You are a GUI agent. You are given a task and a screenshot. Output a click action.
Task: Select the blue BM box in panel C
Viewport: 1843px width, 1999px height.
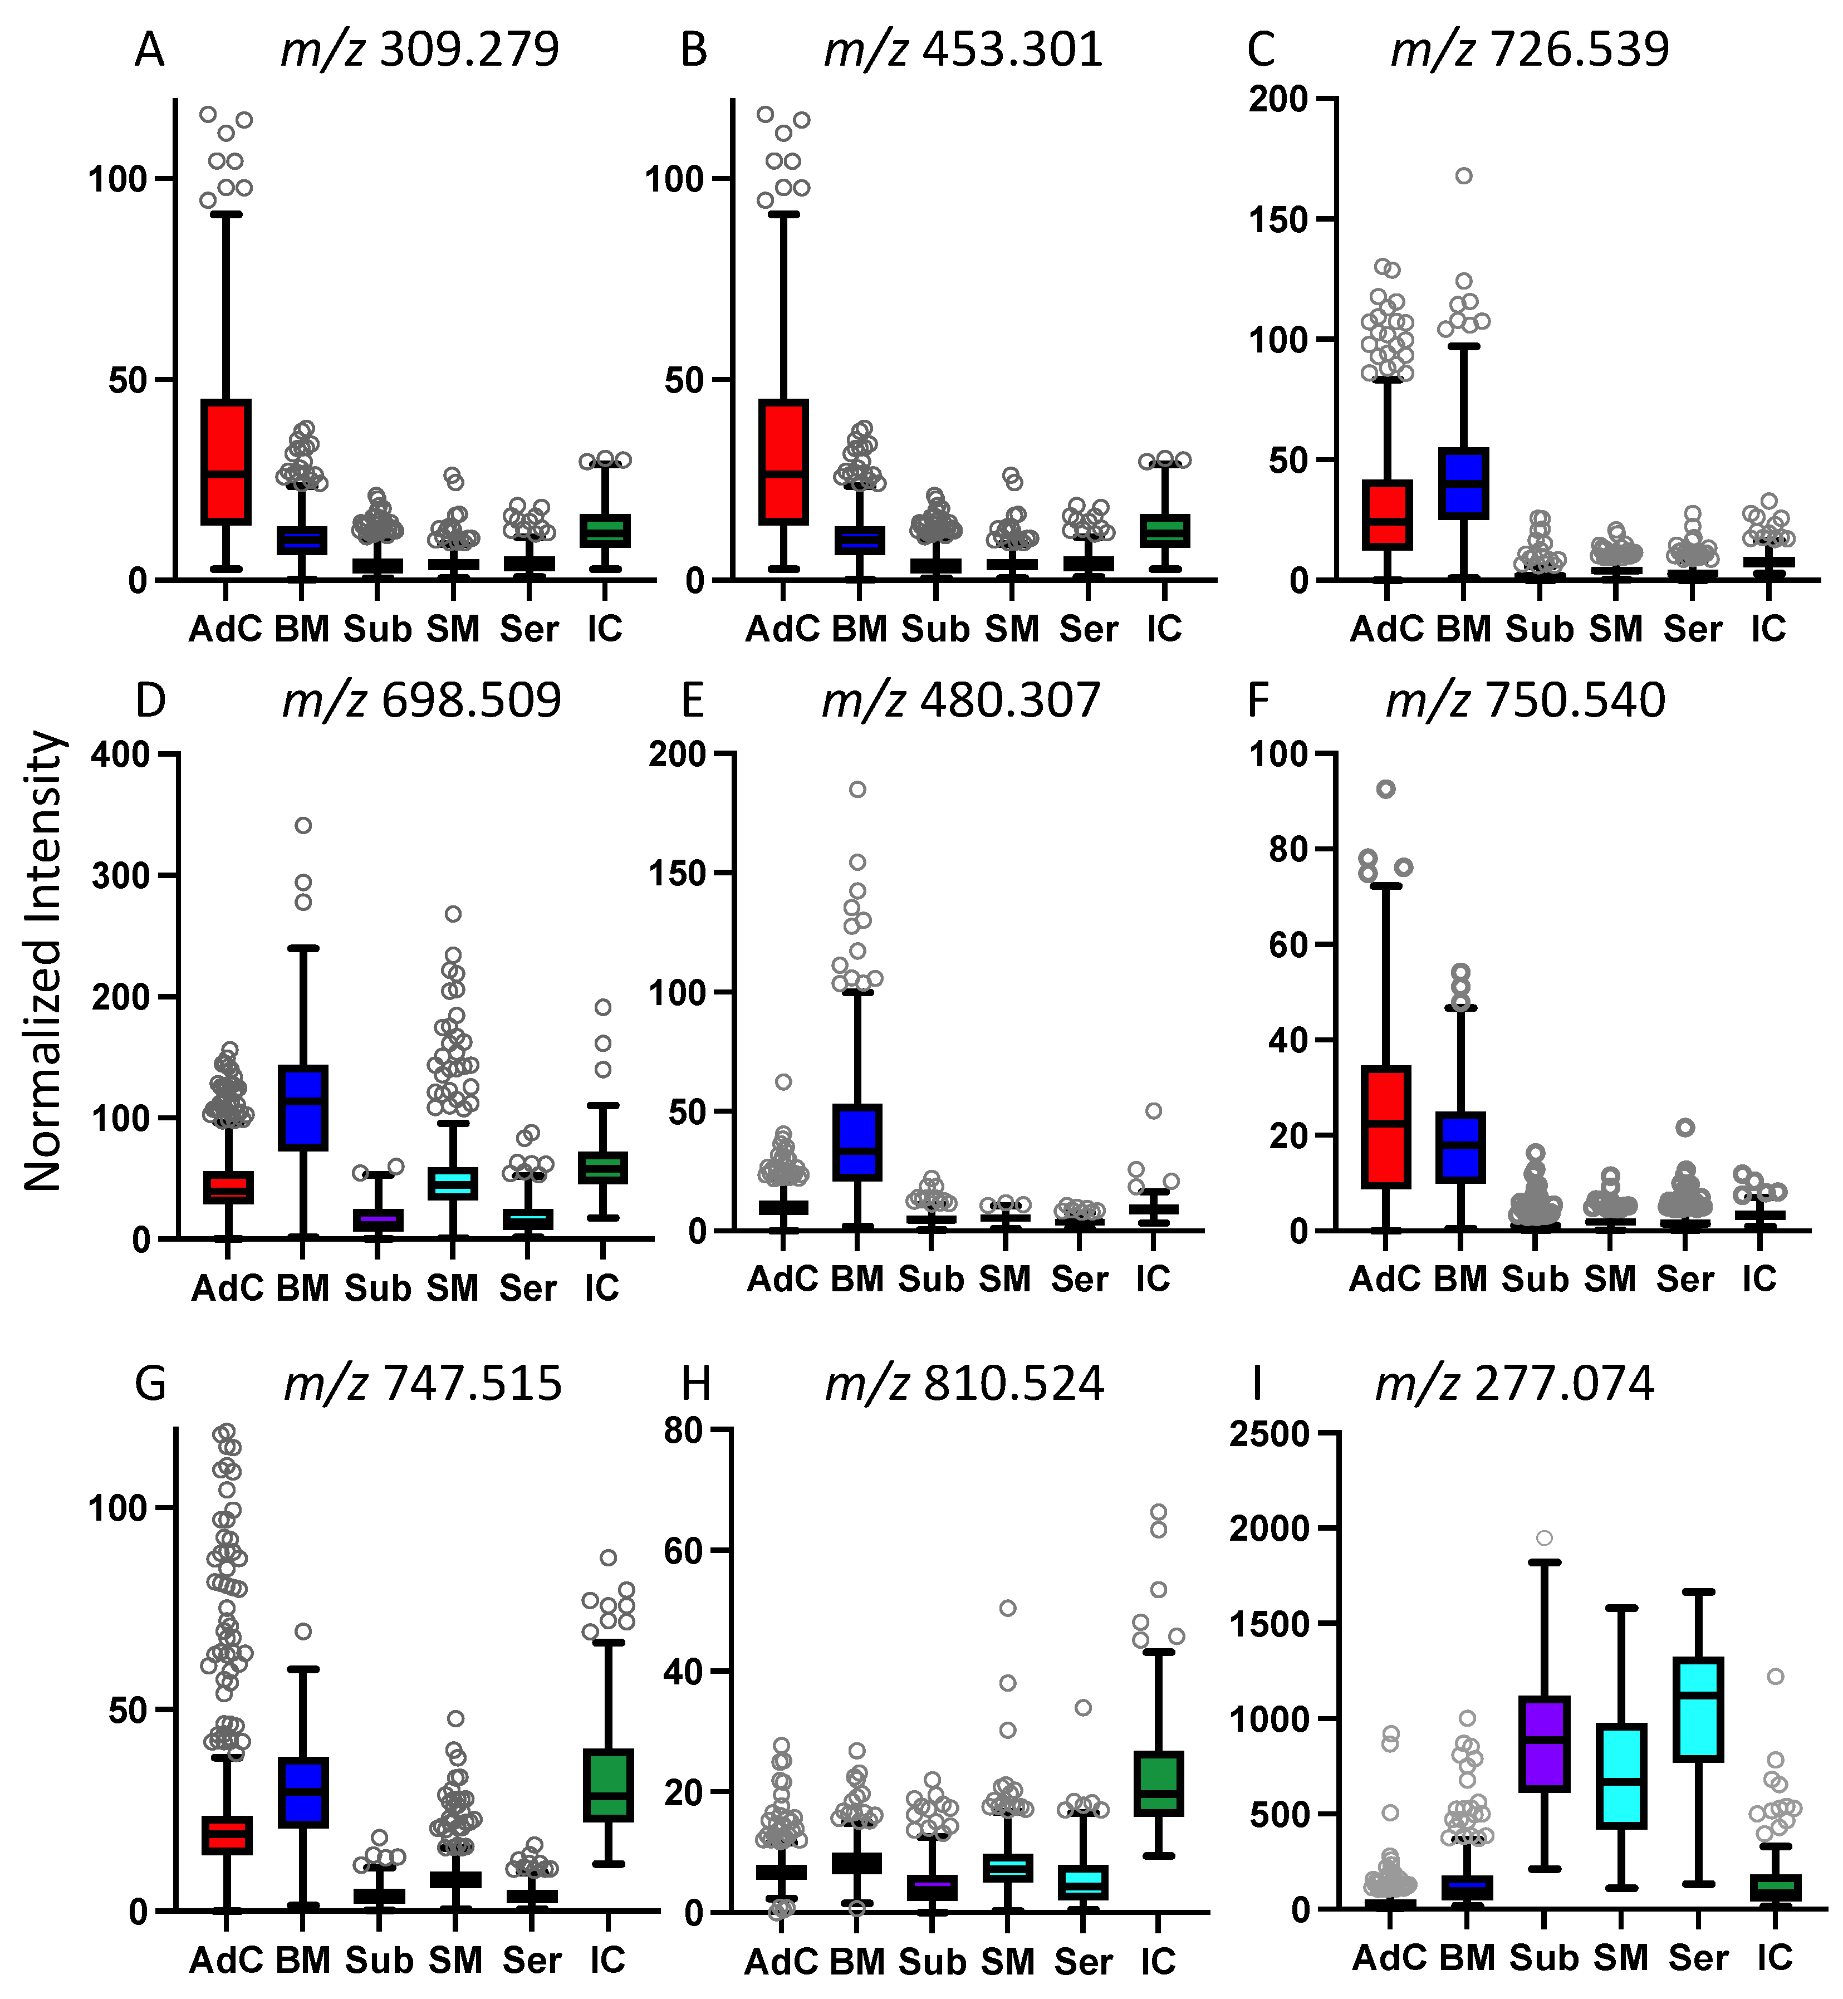coord(1463,483)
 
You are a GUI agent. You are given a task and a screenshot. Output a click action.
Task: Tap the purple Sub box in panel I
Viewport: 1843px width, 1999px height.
coord(1544,1743)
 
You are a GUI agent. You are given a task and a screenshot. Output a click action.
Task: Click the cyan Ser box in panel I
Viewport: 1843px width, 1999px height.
coord(1697,1709)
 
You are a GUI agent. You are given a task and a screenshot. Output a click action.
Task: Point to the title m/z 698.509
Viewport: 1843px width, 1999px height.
coord(422,700)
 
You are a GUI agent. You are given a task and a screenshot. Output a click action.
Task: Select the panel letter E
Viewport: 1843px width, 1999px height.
coord(692,700)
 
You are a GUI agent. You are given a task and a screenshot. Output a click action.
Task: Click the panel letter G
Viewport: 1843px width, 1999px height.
coord(150,1384)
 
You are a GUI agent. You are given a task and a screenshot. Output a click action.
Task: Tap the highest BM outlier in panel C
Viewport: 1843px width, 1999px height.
coord(1463,175)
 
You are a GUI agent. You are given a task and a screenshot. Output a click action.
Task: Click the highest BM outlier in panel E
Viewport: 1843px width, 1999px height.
coord(857,789)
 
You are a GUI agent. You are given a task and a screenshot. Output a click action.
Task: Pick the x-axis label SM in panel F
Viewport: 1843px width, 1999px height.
coord(1611,1278)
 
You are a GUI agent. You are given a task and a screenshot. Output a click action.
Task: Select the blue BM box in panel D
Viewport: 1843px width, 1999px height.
coord(303,1107)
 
